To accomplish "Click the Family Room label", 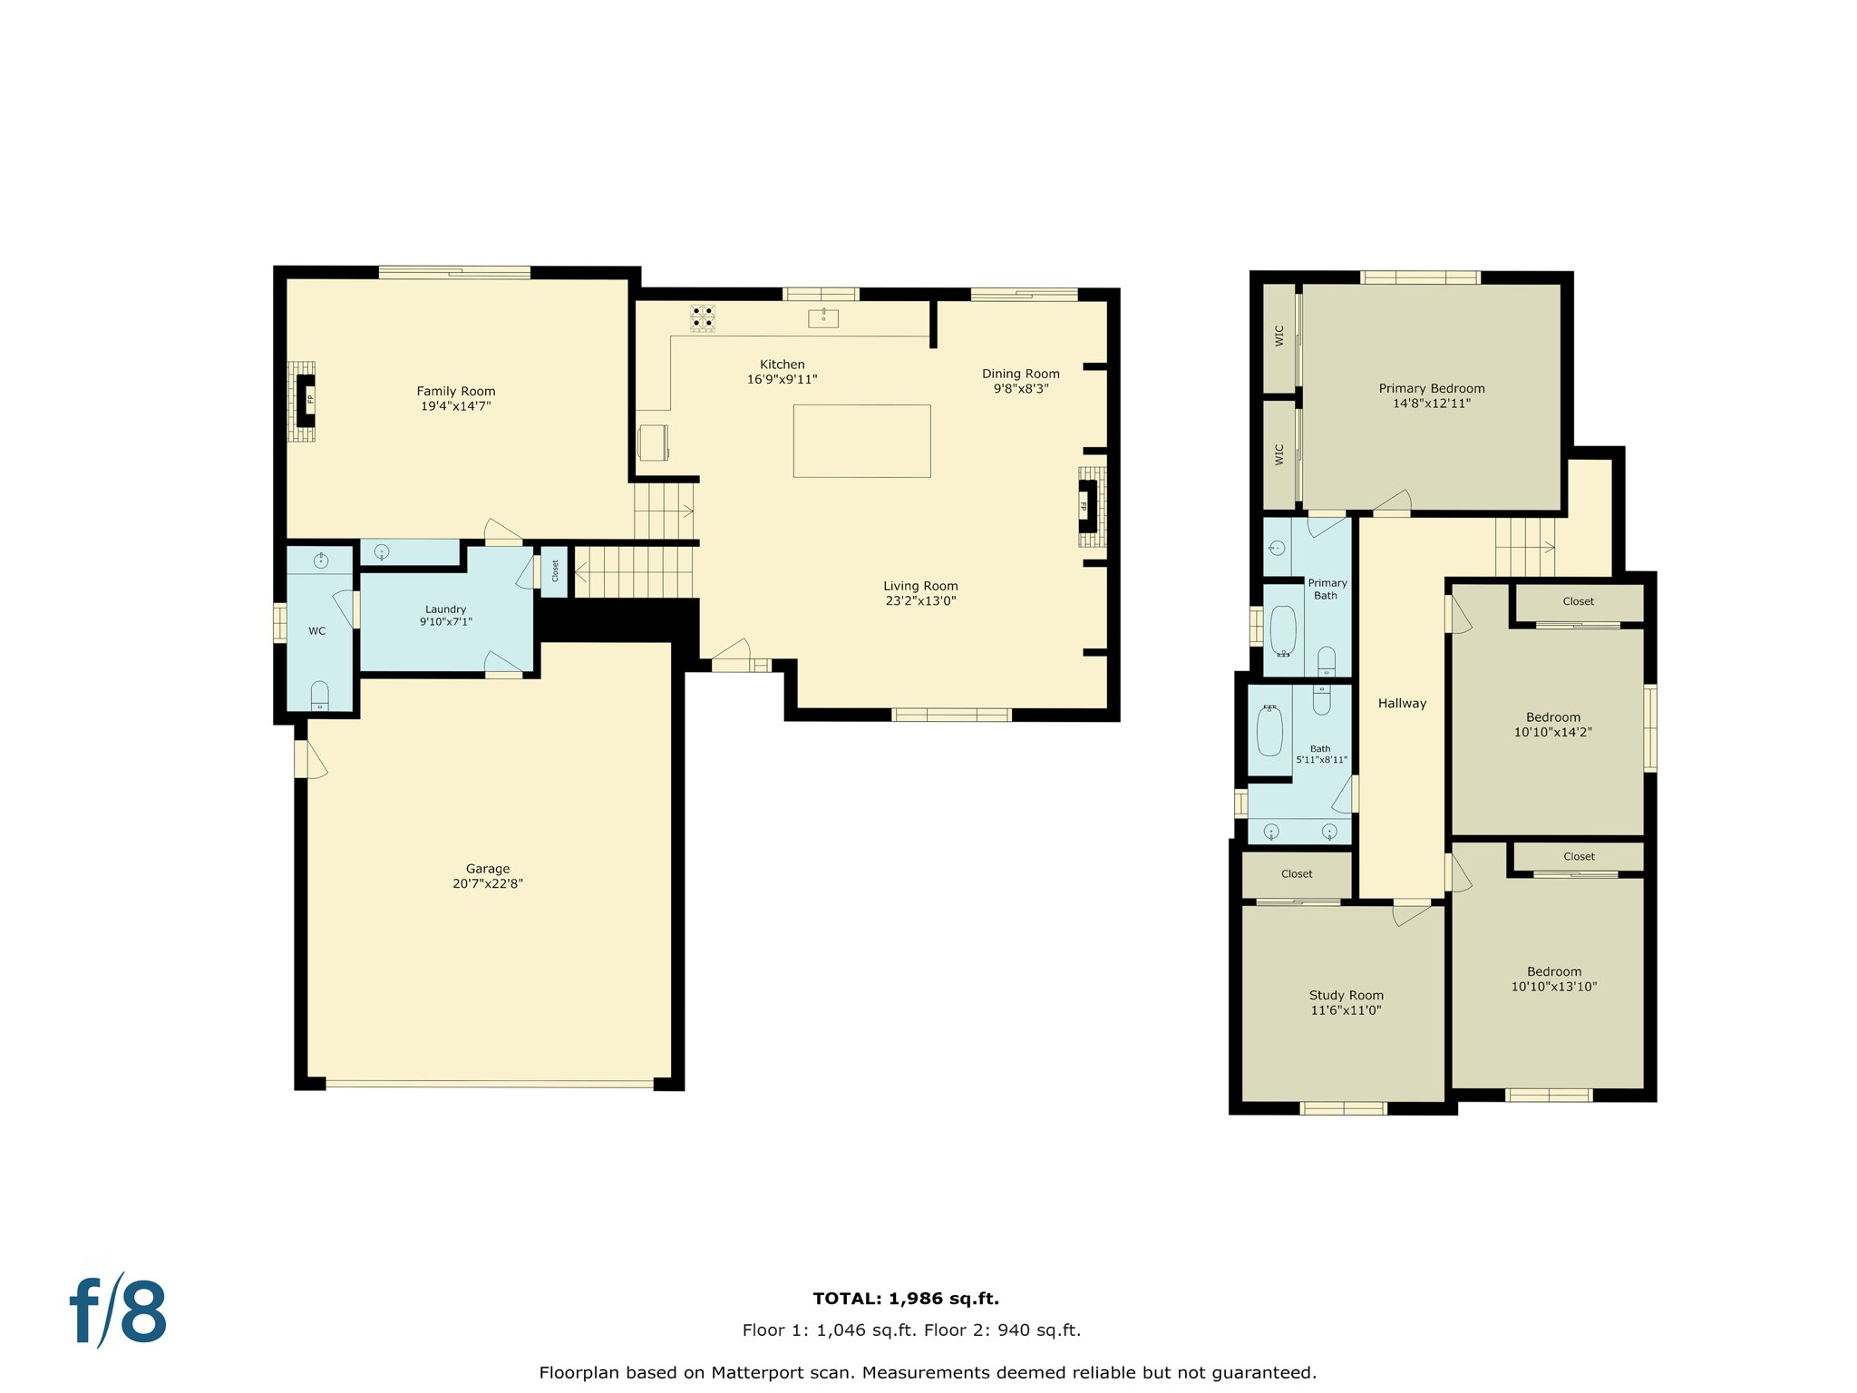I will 456,392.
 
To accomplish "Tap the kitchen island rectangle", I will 861,441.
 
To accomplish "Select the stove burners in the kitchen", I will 703,317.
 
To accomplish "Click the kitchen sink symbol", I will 823,317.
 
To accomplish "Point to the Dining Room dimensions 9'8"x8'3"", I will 1021,389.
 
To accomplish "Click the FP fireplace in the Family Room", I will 306,400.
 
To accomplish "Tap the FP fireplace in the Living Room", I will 1087,506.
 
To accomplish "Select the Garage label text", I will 488,869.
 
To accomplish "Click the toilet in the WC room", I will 319,696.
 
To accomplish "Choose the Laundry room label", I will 445,609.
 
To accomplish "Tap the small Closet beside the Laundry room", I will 555,571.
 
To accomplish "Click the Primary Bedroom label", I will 1432,388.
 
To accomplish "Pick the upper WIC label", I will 1279,336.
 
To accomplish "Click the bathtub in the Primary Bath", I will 1283,630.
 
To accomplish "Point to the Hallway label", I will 1402,704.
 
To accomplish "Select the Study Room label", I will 1347,995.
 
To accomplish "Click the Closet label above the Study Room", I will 1297,874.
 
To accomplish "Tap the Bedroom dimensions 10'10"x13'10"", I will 1553,987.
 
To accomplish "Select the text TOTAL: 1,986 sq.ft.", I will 906,1299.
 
